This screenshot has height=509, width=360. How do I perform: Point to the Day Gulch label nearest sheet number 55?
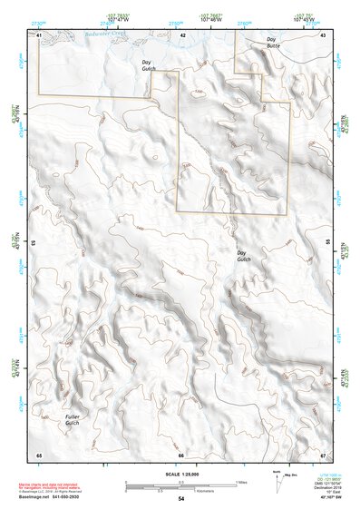coord(242,256)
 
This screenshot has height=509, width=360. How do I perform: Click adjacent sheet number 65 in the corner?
coord(39,454)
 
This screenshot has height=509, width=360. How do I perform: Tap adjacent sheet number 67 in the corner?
coord(324,454)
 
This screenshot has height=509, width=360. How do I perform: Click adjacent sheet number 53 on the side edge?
coord(34,243)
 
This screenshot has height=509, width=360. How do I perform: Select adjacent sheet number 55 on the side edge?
coord(327,243)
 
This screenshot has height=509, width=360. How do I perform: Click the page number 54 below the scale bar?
coord(181,499)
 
